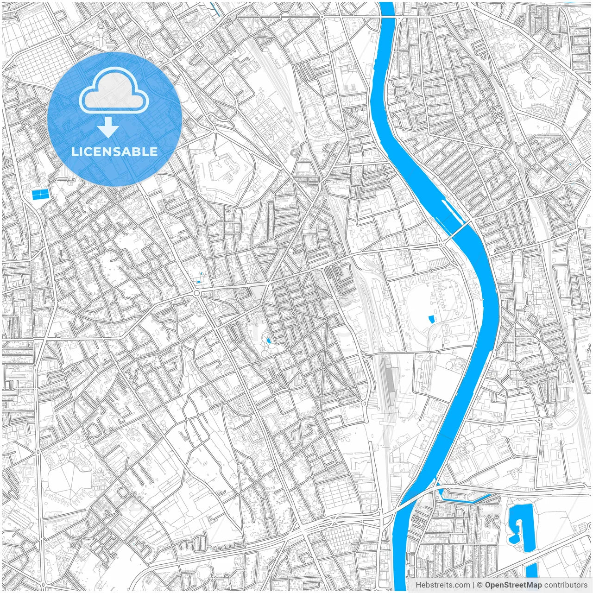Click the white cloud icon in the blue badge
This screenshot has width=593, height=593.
114,91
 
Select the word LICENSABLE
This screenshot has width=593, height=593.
114,151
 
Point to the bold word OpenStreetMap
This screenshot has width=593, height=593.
513,585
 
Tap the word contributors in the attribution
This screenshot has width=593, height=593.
566,585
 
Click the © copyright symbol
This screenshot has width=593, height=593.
480,585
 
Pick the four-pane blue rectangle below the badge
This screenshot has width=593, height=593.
40,195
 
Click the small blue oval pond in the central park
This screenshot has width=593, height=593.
269,341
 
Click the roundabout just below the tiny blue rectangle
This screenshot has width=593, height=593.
196,293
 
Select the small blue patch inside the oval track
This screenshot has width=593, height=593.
432,319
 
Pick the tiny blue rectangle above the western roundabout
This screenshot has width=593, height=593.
199,281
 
